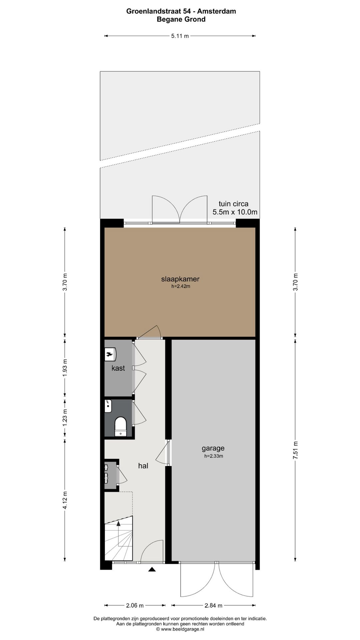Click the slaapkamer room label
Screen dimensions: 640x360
pyautogui.click(x=180, y=279)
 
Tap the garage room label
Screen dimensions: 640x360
pyautogui.click(x=213, y=448)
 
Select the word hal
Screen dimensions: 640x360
pyautogui.click(x=143, y=466)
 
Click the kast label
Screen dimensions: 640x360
pyautogui.click(x=118, y=368)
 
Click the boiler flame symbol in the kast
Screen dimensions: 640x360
pyautogui.click(x=109, y=354)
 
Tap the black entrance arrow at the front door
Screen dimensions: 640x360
pyautogui.click(x=152, y=569)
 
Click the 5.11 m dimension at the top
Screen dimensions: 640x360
pyautogui.click(x=180, y=36)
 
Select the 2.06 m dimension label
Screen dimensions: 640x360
pyautogui.click(x=135, y=605)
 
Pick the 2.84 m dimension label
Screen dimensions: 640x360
pyautogui.click(x=213, y=605)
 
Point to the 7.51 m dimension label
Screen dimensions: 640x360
pyautogui.click(x=295, y=450)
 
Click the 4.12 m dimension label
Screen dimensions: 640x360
pyautogui.click(x=65, y=500)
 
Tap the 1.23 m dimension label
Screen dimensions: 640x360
pyautogui.click(x=65, y=418)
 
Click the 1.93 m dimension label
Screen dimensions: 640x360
pyautogui.click(x=65, y=368)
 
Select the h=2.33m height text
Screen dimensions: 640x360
pyautogui.click(x=214, y=456)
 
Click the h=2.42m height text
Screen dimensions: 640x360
pyautogui.click(x=181, y=286)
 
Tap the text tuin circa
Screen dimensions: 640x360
pyautogui.click(x=233, y=204)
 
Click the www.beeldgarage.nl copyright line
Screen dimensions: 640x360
pyautogui.click(x=180, y=629)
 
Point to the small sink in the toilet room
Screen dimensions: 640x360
pyautogui.click(x=108, y=406)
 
